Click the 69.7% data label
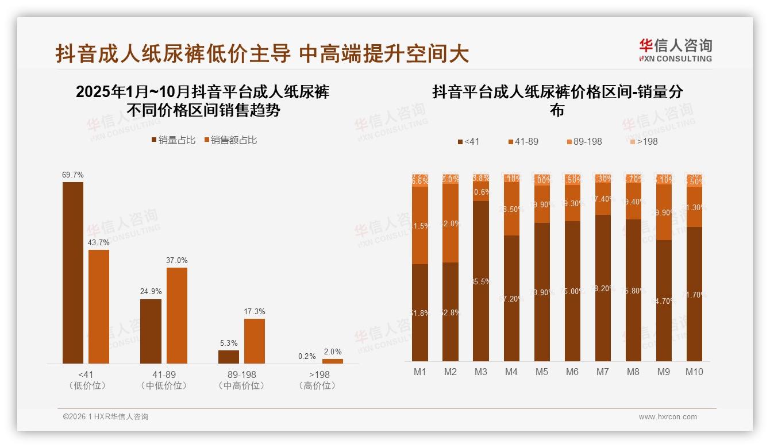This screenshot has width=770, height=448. coord(73,175)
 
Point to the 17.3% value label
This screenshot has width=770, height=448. coord(255,311)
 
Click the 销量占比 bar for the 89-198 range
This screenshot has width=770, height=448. coord(229,357)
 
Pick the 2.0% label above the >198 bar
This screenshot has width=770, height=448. coord(332,352)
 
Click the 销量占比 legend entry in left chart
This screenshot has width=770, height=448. coord(174,140)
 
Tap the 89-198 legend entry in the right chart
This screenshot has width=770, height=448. coord(584,141)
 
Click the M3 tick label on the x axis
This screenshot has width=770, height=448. coord(481,372)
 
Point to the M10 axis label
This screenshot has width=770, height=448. coord(694,372)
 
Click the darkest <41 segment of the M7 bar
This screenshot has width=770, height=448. coord(603,288)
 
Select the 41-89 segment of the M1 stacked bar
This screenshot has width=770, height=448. coord(420,225)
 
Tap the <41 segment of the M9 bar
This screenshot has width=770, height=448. coord(664,300)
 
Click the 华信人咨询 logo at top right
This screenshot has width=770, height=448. coord(675,50)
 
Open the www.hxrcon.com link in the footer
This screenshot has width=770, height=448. coord(668,417)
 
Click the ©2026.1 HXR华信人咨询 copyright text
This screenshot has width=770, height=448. coord(106,417)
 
